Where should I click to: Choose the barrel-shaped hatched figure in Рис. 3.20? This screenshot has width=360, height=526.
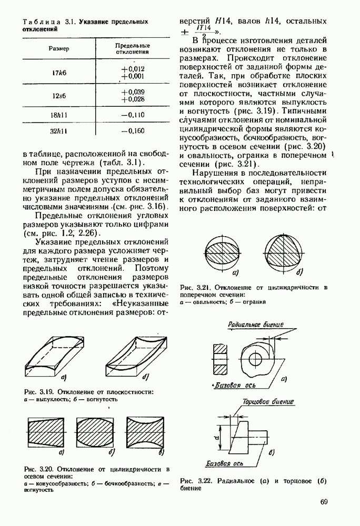95,432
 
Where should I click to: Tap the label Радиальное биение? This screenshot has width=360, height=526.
256,325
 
